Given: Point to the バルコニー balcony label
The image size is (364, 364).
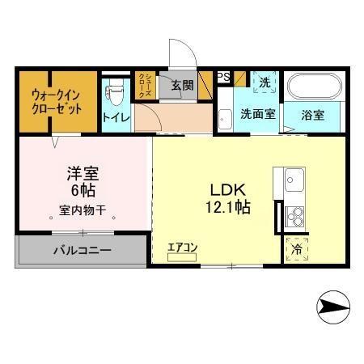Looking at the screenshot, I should click(x=83, y=250).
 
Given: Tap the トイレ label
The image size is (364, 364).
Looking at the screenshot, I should click(x=112, y=118).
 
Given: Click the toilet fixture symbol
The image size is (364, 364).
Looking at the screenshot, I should click(x=116, y=92).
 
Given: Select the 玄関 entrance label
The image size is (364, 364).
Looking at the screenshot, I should click(x=180, y=83).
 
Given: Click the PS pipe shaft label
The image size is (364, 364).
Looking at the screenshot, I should click(x=224, y=77).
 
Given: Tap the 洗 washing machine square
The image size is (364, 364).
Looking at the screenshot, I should click(x=264, y=83).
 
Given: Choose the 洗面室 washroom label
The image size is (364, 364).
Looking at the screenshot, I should click(x=257, y=114).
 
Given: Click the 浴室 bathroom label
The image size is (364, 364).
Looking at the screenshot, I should click(x=314, y=114).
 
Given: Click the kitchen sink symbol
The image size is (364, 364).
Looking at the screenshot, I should click(x=292, y=180).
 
